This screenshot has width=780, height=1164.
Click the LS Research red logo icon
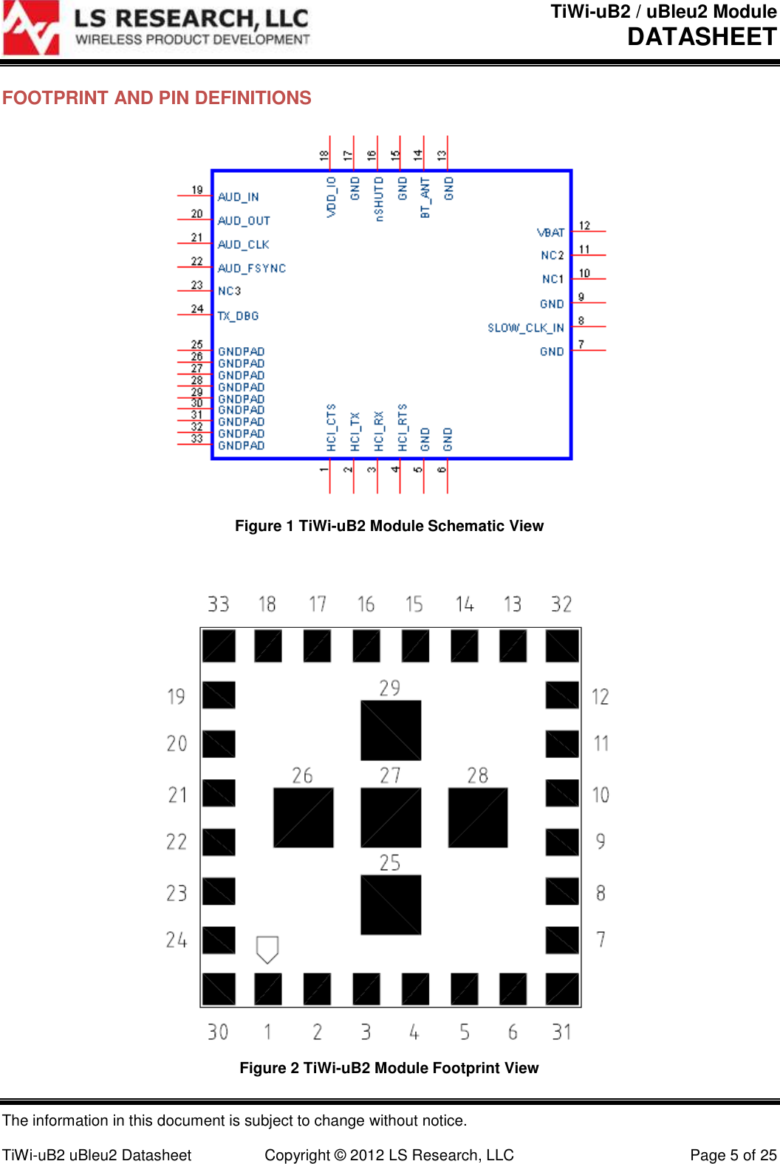point(31,28)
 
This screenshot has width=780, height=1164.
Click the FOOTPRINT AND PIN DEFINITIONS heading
point(157,98)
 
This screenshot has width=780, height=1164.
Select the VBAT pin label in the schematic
point(551,233)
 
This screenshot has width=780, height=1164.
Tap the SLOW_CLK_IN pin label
point(525,328)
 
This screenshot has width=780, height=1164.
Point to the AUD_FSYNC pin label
point(251,268)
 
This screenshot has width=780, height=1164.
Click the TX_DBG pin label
point(238,316)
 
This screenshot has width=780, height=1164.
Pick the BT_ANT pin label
point(425,197)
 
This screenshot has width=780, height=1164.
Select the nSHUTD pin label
point(379,198)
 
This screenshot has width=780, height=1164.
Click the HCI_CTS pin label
point(331,427)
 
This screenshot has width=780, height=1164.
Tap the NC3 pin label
point(229,291)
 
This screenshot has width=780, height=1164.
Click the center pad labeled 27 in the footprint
point(391,818)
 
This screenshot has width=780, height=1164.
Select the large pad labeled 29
point(391,730)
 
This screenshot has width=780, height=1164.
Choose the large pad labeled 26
point(304,818)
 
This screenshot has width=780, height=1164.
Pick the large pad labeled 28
point(478,818)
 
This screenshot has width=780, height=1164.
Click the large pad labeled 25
point(391,905)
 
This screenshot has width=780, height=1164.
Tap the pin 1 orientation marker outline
point(267,949)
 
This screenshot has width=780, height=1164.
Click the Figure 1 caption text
point(389,526)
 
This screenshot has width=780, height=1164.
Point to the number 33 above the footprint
point(218,604)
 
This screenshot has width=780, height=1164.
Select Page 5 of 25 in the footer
point(733,1155)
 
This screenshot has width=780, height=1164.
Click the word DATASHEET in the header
point(702,37)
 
